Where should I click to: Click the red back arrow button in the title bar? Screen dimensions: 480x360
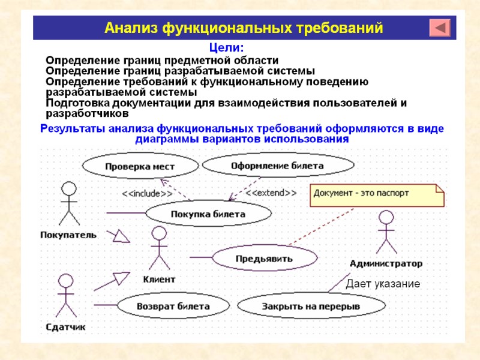[441, 28]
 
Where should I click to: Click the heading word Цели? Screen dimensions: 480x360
[226, 47]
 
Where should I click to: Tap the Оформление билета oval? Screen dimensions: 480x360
[277, 165]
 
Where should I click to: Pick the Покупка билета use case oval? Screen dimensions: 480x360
[208, 214]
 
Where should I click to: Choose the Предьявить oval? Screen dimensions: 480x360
[264, 259]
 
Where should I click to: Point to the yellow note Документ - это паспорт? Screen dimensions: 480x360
[377, 194]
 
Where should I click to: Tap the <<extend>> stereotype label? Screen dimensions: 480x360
[271, 193]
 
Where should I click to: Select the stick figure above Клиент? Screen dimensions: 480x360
[159, 248]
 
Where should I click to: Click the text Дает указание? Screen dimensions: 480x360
[383, 283]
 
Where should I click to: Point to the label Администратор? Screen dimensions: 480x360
[386, 263]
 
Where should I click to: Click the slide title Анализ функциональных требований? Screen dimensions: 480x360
[244, 28]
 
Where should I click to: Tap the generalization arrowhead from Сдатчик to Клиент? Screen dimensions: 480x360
[121, 278]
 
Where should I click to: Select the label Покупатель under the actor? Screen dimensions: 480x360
[68, 235]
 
